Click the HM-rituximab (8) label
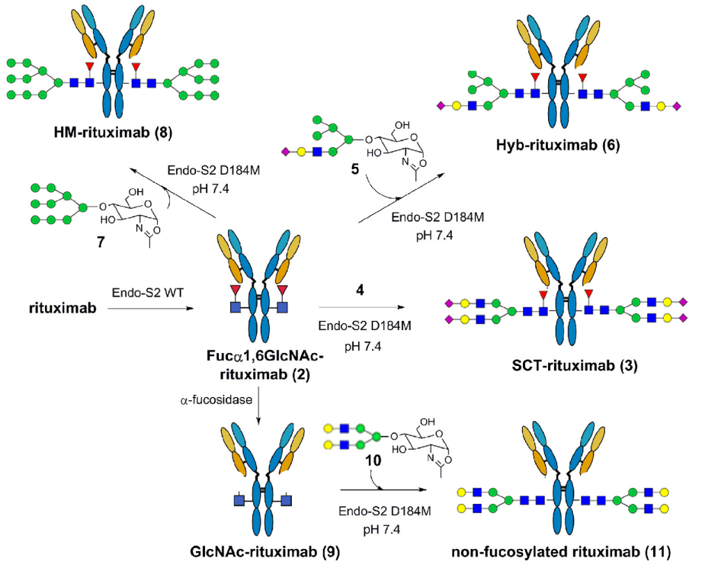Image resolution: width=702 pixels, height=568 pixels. tap(112, 133)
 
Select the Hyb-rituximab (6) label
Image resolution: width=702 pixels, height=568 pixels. tap(557, 145)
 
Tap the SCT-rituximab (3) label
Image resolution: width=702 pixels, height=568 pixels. tap(575, 365)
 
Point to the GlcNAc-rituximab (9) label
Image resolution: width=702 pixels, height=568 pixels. tap(264, 551)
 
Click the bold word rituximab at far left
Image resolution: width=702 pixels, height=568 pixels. tap(63, 308)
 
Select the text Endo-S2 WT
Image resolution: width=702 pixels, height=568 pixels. tap(148, 293)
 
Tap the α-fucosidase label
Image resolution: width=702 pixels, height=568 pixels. tap(216, 400)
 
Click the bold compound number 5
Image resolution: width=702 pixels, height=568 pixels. tap(355, 169)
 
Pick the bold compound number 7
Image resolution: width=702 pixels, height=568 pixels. tap(101, 242)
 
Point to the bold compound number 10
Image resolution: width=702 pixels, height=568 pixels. tap(373, 460)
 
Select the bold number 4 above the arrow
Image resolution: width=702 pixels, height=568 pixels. tap(360, 290)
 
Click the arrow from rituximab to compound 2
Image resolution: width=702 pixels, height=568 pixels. tap(150, 308)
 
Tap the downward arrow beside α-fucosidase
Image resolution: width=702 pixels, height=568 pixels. tap(259, 408)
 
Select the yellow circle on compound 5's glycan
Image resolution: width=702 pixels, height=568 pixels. tap(301, 152)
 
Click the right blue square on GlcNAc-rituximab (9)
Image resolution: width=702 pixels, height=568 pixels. tap(286, 500)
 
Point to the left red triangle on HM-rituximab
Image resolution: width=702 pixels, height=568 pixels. tap(90, 66)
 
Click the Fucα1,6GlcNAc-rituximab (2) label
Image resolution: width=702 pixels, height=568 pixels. tap(265, 364)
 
